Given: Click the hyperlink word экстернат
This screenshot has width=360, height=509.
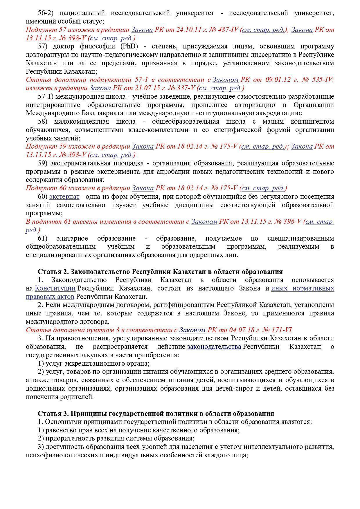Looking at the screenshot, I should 64,197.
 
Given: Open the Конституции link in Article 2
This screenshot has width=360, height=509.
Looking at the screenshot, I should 55,288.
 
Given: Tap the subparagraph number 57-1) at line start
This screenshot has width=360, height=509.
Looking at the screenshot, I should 46,96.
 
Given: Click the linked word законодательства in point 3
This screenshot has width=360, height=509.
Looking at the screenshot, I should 214,347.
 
